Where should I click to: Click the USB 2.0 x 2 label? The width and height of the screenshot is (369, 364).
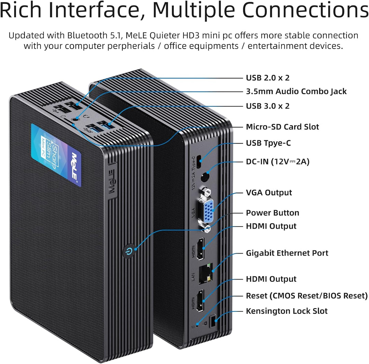click(268, 78)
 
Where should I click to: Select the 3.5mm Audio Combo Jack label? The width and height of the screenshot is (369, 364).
click(296, 91)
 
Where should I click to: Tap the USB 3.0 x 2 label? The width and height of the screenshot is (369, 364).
click(268, 106)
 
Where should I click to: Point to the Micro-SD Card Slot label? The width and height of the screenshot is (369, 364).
click(283, 127)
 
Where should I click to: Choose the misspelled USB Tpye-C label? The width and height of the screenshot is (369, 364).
click(268, 143)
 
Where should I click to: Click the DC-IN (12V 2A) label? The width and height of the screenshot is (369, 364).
click(278, 162)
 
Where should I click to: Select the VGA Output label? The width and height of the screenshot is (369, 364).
click(269, 193)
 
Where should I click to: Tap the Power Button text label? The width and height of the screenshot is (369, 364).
click(273, 213)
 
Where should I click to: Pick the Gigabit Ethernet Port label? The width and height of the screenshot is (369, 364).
click(287, 253)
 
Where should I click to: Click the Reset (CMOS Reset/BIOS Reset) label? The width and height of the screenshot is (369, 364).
click(306, 296)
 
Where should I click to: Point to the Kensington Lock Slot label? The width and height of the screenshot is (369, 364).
click(287, 311)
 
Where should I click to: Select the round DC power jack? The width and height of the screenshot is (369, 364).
click(205, 177)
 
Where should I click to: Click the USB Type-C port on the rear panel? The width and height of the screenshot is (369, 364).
click(199, 162)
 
